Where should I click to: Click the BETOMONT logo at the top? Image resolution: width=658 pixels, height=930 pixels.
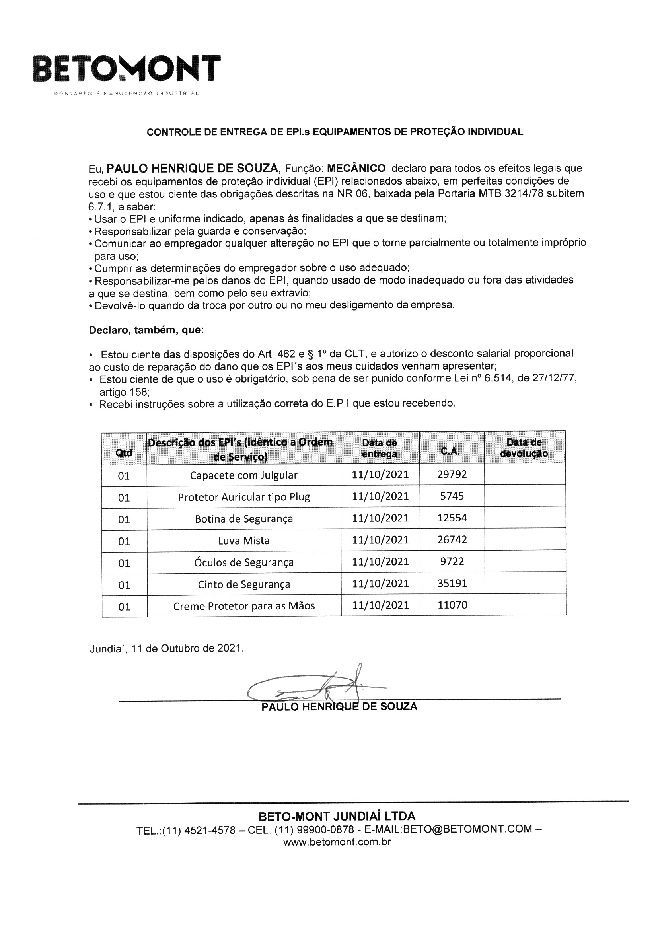point(127,69)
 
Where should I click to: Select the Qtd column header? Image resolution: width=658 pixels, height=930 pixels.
point(124,452)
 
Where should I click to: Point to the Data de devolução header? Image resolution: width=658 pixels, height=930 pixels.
point(524,447)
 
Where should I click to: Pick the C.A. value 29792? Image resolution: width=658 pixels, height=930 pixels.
point(452,474)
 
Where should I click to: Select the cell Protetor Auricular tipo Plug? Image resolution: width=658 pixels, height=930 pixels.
point(243,497)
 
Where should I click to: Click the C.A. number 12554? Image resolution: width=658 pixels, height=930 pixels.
point(452,518)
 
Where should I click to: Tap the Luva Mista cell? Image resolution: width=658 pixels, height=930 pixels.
point(243,540)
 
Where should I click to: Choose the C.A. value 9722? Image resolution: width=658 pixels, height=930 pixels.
point(452,561)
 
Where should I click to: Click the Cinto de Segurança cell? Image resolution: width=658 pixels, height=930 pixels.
point(243,584)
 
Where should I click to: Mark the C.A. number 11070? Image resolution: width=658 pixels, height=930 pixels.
point(452,605)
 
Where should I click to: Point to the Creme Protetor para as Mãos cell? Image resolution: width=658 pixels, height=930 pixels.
point(243,606)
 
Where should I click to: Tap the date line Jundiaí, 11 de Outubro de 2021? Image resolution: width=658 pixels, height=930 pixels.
point(167,648)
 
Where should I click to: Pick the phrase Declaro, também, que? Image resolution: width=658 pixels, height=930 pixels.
point(146,330)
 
